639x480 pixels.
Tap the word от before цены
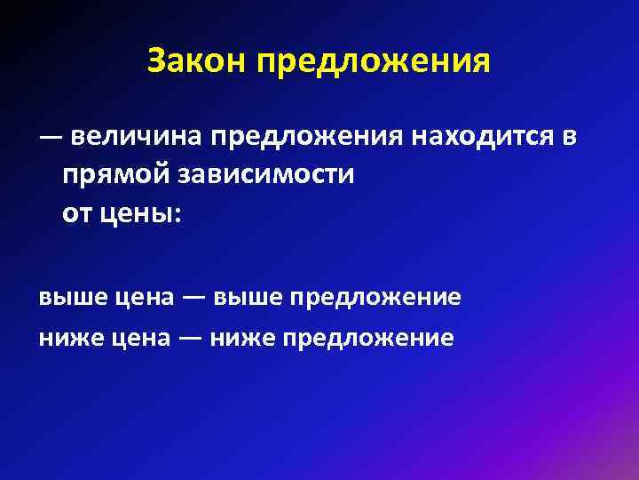[75, 213]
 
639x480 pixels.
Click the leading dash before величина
[50, 139]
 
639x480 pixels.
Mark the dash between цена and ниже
[194, 338]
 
